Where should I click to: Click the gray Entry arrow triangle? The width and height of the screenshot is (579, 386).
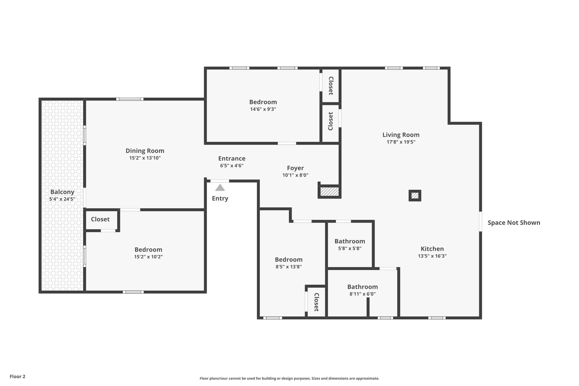coord(220,187)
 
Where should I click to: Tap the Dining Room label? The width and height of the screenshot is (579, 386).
coord(145,150)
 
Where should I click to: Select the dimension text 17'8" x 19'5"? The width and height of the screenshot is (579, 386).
coord(401,142)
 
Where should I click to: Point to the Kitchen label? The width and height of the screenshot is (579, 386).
coord(432,249)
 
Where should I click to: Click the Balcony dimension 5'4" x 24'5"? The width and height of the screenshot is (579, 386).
coord(62,199)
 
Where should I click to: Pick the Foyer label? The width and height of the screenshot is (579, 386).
coord(296,168)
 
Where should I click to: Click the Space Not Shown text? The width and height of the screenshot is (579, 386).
coord(514,223)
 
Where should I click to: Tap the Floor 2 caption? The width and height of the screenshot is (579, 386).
coord(18,376)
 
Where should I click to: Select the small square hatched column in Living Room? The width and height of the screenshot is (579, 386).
coord(415,196)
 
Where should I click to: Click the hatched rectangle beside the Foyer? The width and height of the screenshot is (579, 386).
coord(330,192)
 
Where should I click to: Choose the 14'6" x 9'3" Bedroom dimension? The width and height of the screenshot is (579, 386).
coord(263,109)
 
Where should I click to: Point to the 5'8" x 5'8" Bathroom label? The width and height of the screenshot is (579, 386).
coord(350,241)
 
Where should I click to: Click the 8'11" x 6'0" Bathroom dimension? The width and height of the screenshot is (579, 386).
coord(362,294)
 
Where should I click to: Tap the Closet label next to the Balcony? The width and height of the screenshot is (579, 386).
coord(100,219)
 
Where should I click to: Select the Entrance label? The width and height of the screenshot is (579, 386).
coord(232,158)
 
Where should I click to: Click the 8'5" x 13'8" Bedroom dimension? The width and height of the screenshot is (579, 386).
coord(289,267)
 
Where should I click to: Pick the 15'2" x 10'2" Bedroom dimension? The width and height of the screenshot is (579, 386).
coord(148,257)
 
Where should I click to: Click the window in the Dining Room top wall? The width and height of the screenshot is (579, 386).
coord(130,99)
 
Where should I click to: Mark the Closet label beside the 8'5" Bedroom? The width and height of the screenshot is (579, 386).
coord(316,302)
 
